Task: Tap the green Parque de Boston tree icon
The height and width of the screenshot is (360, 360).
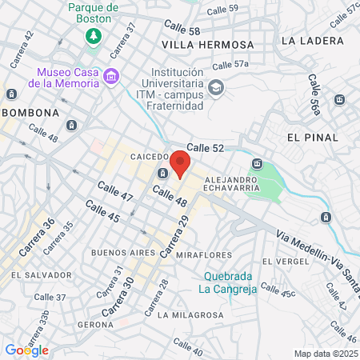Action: pyautogui.click(x=94, y=36)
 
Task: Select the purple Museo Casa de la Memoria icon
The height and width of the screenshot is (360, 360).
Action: pyautogui.click(x=111, y=78)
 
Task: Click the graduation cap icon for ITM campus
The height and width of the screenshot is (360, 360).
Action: pyautogui.click(x=215, y=86)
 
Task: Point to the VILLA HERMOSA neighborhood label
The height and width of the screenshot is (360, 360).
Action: pyautogui.click(x=207, y=44)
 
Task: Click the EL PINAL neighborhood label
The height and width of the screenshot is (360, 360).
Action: pyautogui.click(x=308, y=138)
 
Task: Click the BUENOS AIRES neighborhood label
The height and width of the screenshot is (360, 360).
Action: pyautogui.click(x=122, y=253)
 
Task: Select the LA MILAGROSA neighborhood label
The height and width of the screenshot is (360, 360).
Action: pyautogui.click(x=190, y=315)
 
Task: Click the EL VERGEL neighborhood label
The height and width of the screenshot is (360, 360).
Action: pyautogui.click(x=286, y=261)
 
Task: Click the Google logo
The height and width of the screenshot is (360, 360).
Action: pyautogui.click(x=26, y=350)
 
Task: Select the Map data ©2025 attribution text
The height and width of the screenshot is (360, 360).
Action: pyautogui.click(x=324, y=354)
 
